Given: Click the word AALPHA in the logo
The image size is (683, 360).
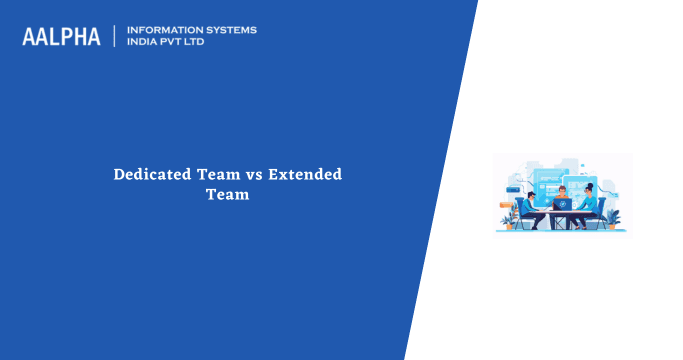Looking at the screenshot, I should [62, 37].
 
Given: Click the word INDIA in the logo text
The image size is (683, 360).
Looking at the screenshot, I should [143, 43].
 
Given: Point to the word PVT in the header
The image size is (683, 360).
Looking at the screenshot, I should [175, 43].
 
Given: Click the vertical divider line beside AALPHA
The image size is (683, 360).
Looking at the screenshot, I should [115, 37].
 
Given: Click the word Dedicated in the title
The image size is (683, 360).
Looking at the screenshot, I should [153, 174].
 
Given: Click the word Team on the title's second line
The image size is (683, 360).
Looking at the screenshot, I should [227, 195].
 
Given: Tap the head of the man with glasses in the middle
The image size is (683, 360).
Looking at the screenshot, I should [563, 189].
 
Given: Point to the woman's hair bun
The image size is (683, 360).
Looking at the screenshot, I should [590, 184].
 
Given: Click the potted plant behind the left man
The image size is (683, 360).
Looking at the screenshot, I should [511, 219].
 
